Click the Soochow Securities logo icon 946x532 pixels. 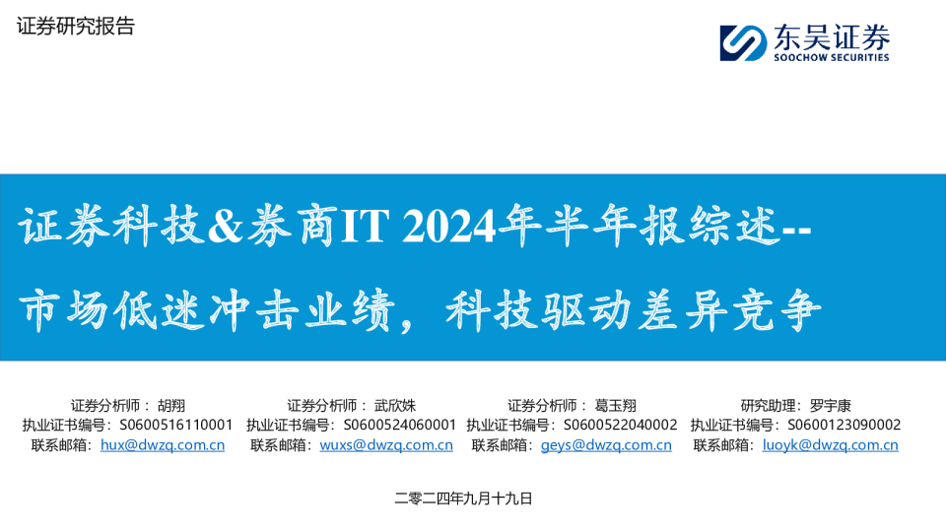(743, 42)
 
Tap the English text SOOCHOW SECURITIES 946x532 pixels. (832, 57)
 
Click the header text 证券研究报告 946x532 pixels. (76, 26)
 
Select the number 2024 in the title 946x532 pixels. (448, 226)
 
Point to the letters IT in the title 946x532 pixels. (365, 226)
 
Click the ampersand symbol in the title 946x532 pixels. (225, 226)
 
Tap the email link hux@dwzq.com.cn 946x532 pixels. (163, 445)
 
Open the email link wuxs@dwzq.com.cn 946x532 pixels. (386, 445)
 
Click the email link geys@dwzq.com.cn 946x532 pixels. (606, 445)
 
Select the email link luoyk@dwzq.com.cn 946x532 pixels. (830, 445)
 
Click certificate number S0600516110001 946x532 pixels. (175, 425)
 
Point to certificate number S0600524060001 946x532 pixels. (399, 425)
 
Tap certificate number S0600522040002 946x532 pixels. (620, 425)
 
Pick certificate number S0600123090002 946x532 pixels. (845, 425)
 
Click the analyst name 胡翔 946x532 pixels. (171, 405)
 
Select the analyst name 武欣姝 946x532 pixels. (395, 405)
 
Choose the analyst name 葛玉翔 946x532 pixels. (615, 405)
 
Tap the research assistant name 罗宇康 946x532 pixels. (830, 405)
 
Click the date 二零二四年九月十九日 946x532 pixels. (463, 499)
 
